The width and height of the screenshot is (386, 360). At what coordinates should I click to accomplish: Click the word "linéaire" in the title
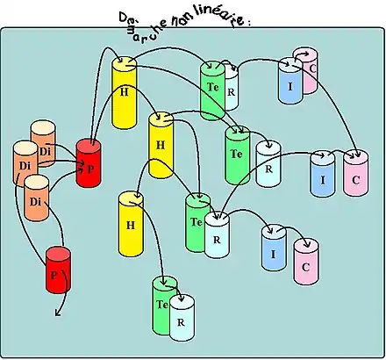point(219,18)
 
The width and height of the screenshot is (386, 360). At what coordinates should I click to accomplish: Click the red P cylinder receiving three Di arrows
point(89,163)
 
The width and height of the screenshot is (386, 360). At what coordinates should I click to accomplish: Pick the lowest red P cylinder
point(58,270)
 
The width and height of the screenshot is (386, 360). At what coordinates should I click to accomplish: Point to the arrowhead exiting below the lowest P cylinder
point(58,313)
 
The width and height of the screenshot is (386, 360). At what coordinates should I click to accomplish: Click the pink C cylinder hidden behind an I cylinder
point(310,70)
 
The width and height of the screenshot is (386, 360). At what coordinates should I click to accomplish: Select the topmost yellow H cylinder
point(125,93)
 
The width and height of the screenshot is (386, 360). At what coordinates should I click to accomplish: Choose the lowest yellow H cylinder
point(131,224)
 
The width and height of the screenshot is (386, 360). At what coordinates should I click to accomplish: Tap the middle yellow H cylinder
point(161,145)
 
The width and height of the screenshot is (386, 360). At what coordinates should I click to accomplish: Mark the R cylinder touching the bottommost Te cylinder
point(182,318)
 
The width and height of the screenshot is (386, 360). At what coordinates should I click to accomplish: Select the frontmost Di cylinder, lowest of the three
point(36,198)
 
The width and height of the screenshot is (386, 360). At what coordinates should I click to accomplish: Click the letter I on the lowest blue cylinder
point(273,255)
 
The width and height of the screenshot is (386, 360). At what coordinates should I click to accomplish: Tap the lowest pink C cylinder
point(306,262)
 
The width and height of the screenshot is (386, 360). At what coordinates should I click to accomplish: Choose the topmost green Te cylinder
point(211,90)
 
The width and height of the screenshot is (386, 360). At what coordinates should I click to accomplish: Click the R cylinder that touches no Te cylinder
point(268,164)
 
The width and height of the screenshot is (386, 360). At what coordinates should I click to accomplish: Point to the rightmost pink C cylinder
point(356,173)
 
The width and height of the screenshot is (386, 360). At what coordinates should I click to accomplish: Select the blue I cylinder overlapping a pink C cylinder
point(290,81)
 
